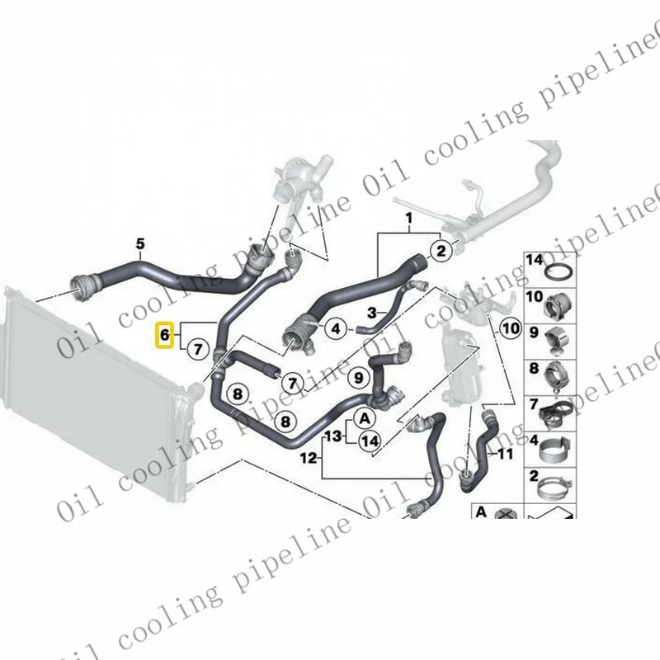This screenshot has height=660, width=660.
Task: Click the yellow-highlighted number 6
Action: pos(164,335)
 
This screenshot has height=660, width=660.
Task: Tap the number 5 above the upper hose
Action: pos(139,243)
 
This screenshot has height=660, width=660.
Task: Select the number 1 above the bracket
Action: pos(408,219)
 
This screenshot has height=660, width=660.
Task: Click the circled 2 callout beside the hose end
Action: pos(441,252)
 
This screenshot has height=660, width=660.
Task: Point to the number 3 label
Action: pos(371,313)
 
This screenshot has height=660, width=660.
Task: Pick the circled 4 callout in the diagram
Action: pos(336,328)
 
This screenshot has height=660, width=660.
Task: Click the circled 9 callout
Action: pos(358,378)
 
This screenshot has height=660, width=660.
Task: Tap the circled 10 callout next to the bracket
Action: pos(511,328)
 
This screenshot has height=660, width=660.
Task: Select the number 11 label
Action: pos(505,454)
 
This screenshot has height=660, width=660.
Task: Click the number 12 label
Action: pos(308,458)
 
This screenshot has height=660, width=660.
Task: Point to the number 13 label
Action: pos(333,436)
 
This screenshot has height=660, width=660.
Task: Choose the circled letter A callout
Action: pos(365,418)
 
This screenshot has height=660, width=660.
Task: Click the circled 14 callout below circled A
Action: pos(370,441)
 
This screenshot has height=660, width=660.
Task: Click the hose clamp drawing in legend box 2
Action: pos(554,488)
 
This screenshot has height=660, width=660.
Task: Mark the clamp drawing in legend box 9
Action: pos(558,341)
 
